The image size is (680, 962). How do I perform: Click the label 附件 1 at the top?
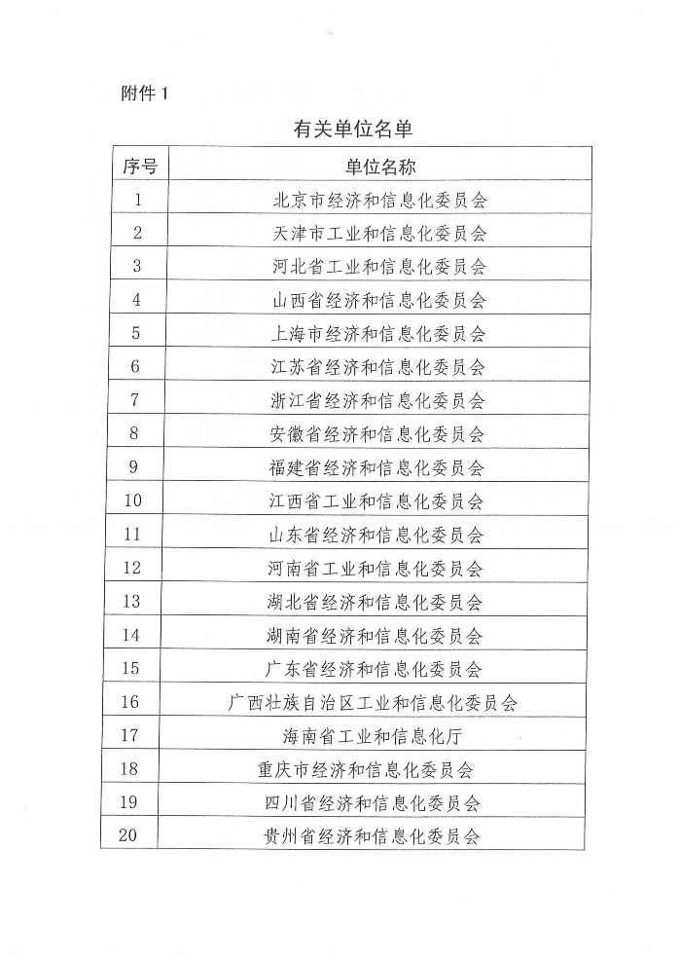pos(145,93)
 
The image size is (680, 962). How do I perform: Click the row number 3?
pos(136,266)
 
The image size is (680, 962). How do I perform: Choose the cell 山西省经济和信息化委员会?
pos(378,300)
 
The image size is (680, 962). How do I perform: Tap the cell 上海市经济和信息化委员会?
pos(378,333)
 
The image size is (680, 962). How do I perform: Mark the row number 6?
pos(135,366)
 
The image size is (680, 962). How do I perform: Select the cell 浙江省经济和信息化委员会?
pos(377,400)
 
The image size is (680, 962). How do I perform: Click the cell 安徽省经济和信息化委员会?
pos(377,433)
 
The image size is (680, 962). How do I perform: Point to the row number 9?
pos(134,466)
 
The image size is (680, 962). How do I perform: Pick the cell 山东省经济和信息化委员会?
pos(376,535)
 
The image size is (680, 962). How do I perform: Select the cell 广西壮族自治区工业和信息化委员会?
pos(373,702)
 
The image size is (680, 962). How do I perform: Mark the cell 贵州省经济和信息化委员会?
pos(373,835)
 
